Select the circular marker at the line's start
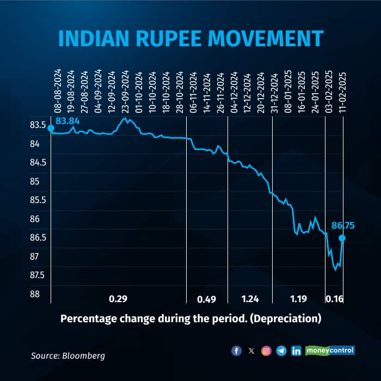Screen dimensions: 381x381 (51, 128)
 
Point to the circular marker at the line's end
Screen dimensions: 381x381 (342, 238)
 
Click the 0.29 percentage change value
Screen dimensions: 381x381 (118, 298)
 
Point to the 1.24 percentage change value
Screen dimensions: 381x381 (250, 298)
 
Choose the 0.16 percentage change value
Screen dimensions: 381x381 (334, 298)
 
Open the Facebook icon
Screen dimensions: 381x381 (236, 351)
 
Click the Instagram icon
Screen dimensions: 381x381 (266, 351)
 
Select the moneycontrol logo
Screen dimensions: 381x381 (330, 351)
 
